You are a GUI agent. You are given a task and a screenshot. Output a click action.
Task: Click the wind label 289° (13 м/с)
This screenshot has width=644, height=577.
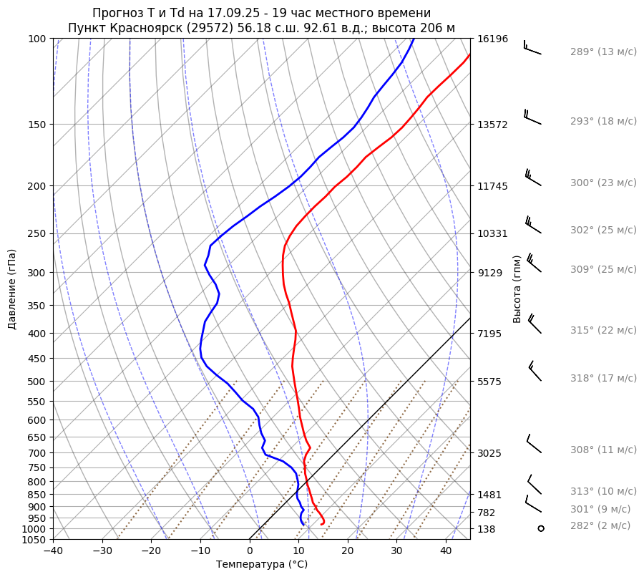click(603, 52)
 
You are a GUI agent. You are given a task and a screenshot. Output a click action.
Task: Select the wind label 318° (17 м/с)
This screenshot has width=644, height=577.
click(603, 378)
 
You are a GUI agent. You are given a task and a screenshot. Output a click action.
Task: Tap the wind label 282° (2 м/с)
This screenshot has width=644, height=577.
click(600, 525)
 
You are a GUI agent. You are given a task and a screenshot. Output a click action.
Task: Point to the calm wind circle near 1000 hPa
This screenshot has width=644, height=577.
click(540, 528)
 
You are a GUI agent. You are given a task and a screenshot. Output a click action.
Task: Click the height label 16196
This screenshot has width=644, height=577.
click(492, 39)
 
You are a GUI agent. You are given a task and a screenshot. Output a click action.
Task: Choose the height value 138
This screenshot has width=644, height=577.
click(487, 529)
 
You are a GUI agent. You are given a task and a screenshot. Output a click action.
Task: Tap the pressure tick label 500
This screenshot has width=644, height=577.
click(36, 382)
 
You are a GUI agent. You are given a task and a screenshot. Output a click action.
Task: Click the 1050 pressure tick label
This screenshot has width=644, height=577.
click(34, 540)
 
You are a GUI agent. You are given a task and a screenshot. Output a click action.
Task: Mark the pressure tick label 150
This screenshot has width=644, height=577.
click(36, 125)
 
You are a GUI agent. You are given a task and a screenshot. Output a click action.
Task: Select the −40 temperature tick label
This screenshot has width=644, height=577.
click(53, 551)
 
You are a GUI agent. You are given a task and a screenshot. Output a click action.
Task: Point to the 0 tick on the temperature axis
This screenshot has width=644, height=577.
click(250, 551)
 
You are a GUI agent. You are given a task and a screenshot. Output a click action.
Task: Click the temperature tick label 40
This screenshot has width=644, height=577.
click(446, 551)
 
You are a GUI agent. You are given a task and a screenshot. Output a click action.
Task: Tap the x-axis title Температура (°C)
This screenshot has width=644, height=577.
click(262, 565)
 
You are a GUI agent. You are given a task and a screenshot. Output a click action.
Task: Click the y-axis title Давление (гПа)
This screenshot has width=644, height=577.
click(12, 289)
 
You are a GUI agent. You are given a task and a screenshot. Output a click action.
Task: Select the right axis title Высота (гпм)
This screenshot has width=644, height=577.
click(517, 288)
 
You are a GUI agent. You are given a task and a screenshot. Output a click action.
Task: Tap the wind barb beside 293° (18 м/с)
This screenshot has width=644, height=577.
click(532, 116)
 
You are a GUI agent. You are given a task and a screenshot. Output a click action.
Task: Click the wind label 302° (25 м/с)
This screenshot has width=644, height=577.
click(603, 231)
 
